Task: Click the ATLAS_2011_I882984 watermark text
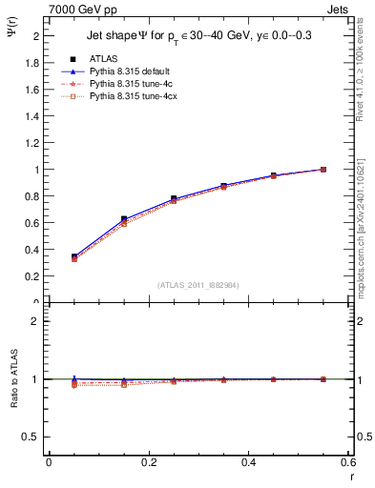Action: (x=198, y=285)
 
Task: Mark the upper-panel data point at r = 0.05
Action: (x=49, y=256)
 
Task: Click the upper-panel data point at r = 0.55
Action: (x=323, y=170)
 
